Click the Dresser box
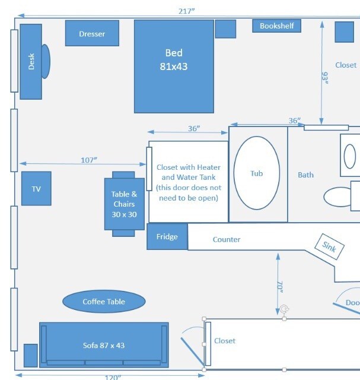click(x=92, y=34)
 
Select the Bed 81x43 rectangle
click(x=174, y=66)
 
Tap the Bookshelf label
click(x=277, y=26)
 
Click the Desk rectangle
click(x=31, y=62)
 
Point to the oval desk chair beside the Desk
click(x=46, y=61)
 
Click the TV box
click(x=36, y=189)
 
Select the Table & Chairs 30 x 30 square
click(x=124, y=204)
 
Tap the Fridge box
click(x=167, y=237)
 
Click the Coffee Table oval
click(x=104, y=302)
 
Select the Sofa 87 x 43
click(x=104, y=344)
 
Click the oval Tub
click(x=256, y=173)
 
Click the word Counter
click(x=227, y=240)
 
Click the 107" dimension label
click(x=89, y=160)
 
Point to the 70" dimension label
click(x=279, y=287)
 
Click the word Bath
click(x=306, y=175)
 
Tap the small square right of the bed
click(x=225, y=28)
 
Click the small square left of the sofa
click(x=30, y=355)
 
